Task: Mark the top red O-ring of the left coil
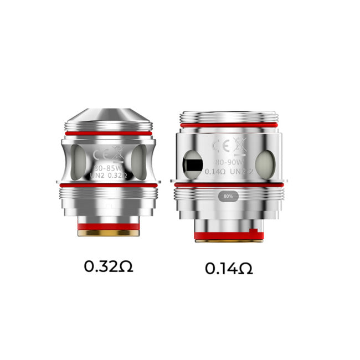click(x=108, y=133)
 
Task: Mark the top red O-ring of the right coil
click(x=229, y=127)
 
